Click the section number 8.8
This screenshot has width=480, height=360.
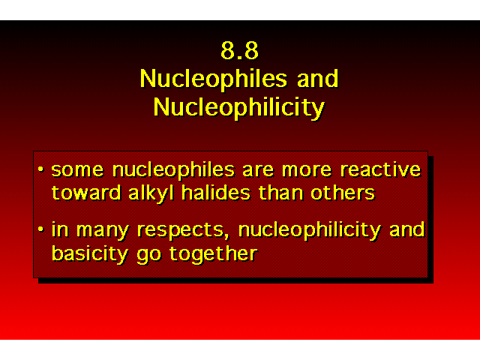(240, 50)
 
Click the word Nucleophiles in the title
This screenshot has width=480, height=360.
(214, 79)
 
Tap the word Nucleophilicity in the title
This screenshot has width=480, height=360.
(239, 108)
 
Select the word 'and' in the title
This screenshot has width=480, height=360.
(318, 78)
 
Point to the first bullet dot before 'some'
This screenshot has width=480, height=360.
(40, 169)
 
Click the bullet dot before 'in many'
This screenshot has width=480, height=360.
(40, 229)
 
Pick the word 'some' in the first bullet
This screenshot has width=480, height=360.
(77, 170)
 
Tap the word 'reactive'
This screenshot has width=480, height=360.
(381, 169)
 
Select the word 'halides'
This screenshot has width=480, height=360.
(216, 193)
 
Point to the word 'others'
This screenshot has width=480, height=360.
(343, 193)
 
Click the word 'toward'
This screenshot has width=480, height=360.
(86, 193)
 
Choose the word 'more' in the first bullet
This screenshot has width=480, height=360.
(307, 170)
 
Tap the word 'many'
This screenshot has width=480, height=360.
(102, 231)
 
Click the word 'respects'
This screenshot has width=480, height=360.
(181, 231)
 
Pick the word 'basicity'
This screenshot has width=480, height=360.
(89, 254)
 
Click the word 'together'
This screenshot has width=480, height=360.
(213, 254)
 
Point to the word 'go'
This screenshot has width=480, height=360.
(148, 256)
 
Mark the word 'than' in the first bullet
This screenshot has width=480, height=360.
(280, 193)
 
